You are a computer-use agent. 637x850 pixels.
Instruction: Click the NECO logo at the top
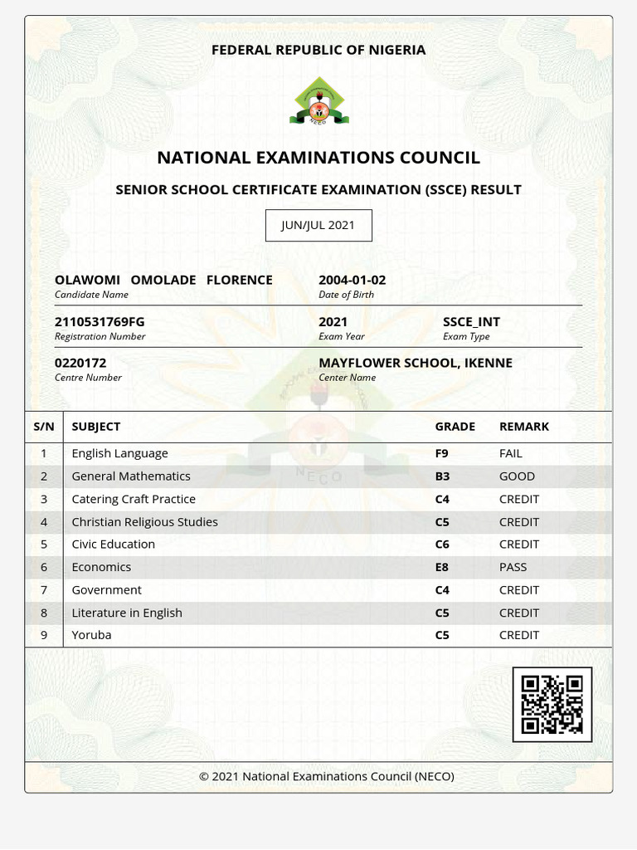[319, 100]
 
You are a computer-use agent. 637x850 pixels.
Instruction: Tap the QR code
[552, 705]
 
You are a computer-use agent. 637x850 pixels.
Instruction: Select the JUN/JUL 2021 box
[318, 225]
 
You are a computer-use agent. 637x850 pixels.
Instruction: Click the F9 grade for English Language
[441, 453]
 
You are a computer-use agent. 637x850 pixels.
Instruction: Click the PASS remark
[513, 567]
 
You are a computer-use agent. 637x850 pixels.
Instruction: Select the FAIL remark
[511, 453]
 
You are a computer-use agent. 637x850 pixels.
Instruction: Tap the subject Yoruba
[91, 635]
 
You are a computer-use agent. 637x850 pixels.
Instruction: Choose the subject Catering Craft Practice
[134, 499]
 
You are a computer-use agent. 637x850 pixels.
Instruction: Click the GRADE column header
[455, 427]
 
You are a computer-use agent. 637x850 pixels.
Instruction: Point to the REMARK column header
[524, 427]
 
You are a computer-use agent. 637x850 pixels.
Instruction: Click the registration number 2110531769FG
[100, 322]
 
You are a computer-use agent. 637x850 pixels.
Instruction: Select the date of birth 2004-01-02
[352, 281]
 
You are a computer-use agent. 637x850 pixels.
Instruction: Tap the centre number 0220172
[80, 363]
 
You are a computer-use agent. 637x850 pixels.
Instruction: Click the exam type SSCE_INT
[471, 322]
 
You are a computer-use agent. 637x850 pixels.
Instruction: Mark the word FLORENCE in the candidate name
[239, 281]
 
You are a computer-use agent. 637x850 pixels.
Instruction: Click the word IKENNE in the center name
[489, 363]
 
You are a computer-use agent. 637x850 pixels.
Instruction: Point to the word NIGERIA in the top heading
[396, 50]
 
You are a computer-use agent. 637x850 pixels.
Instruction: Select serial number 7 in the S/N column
[44, 590]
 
